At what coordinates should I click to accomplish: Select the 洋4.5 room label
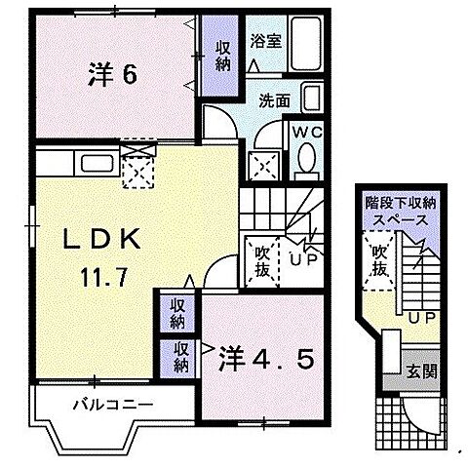pyautogui.click(x=265, y=358)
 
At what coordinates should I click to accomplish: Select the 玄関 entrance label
pyautogui.click(x=422, y=370)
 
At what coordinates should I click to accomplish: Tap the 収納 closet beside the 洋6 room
pyautogui.click(x=215, y=55)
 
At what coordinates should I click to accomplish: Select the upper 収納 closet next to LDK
pyautogui.click(x=175, y=313)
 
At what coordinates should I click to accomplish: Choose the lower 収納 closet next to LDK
pyautogui.click(x=182, y=358)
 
